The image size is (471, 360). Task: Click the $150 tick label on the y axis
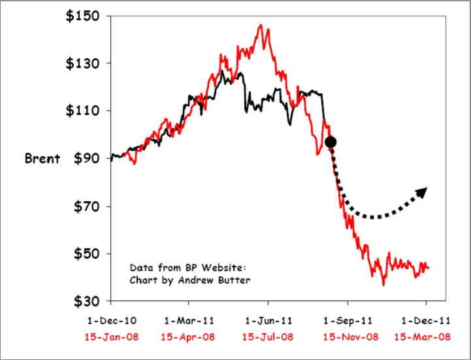[84, 16]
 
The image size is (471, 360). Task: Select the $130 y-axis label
[84, 64]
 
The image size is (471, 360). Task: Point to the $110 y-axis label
[84, 111]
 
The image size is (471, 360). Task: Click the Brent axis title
[42, 159]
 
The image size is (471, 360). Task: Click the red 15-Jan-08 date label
[111, 336]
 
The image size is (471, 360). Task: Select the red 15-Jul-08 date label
[268, 336]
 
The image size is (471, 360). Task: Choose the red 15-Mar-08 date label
[426, 336]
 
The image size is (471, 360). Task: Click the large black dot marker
[331, 142]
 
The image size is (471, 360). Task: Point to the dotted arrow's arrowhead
[422, 191]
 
